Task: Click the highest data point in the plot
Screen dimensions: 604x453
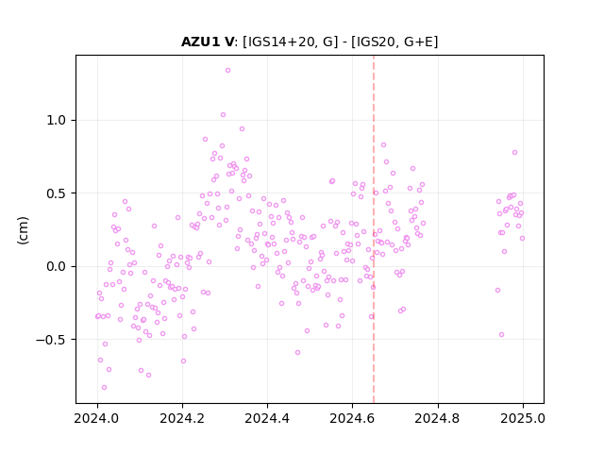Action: coord(227,71)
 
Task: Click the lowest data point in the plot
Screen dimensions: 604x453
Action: coord(104,388)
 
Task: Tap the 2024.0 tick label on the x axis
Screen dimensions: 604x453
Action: coord(97,418)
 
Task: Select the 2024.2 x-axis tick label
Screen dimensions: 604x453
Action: coord(182,418)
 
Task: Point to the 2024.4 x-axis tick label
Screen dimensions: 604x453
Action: coord(267,418)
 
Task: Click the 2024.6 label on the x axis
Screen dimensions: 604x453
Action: coord(352,418)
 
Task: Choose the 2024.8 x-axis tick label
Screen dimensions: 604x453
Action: coord(437,418)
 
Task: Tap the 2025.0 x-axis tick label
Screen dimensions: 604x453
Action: coord(523,418)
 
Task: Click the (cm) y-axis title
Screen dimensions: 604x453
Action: coord(23,230)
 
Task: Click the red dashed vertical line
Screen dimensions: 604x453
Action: coord(374,229)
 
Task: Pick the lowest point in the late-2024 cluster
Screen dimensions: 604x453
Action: coord(501,335)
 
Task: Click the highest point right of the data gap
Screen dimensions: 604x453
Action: coord(514,153)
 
